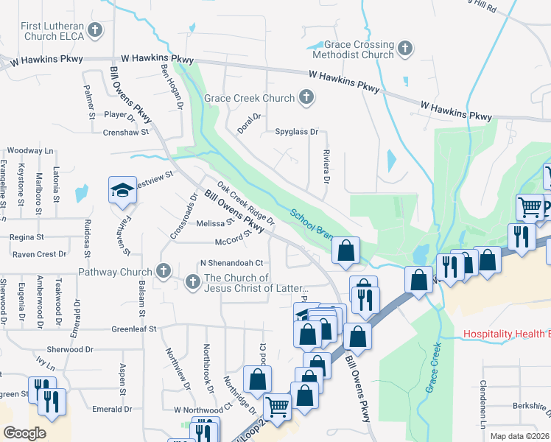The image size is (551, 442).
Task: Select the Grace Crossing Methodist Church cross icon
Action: [404, 49]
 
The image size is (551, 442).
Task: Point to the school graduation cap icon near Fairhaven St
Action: [121, 191]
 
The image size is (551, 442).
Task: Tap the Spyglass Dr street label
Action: [296, 133]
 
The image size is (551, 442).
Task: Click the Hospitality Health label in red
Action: [507, 334]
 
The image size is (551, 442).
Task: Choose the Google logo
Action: [24, 433]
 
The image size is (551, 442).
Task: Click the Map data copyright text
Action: [520, 436]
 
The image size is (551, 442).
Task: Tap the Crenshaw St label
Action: [127, 133]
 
